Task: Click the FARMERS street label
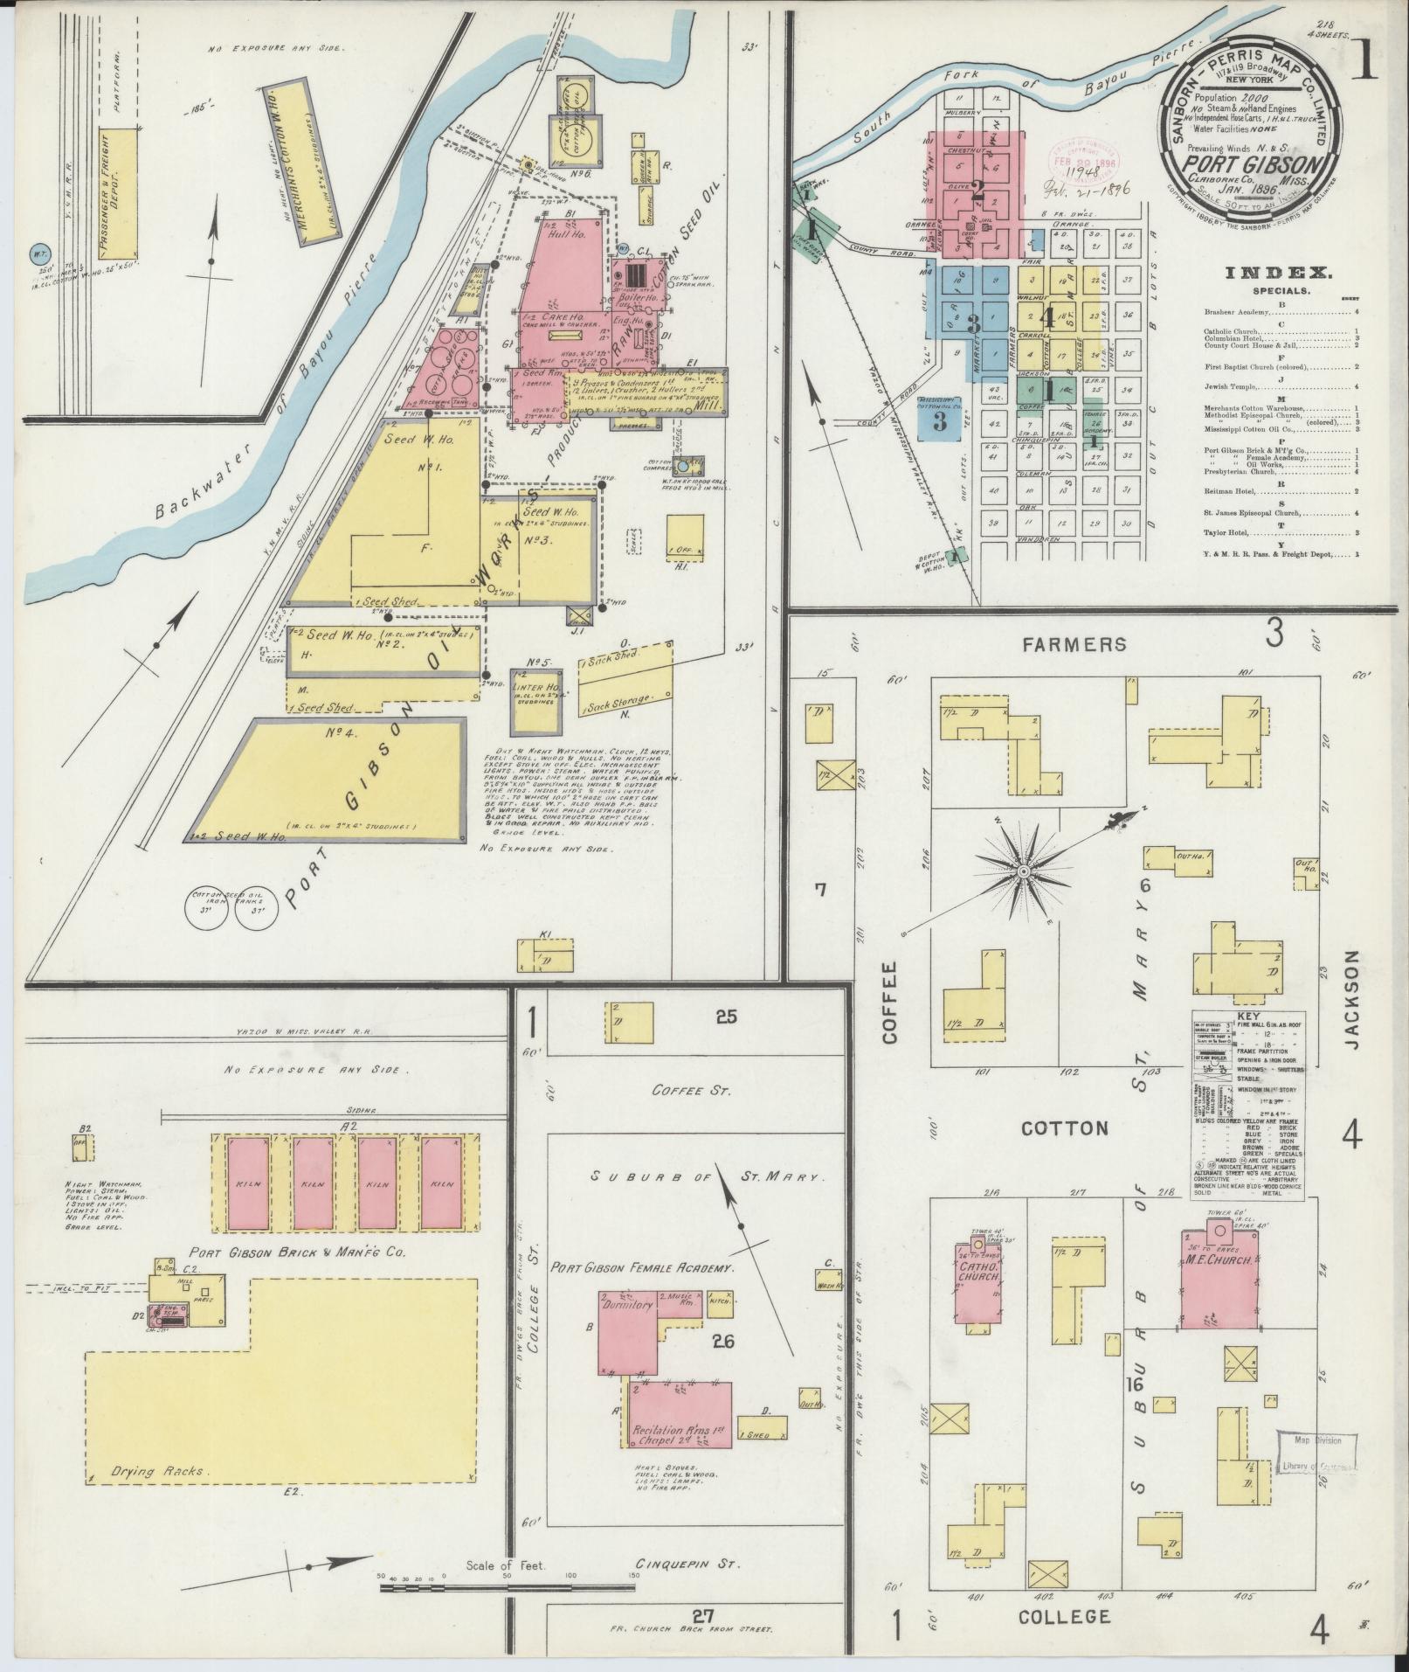point(1074,645)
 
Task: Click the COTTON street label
point(1066,1128)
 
